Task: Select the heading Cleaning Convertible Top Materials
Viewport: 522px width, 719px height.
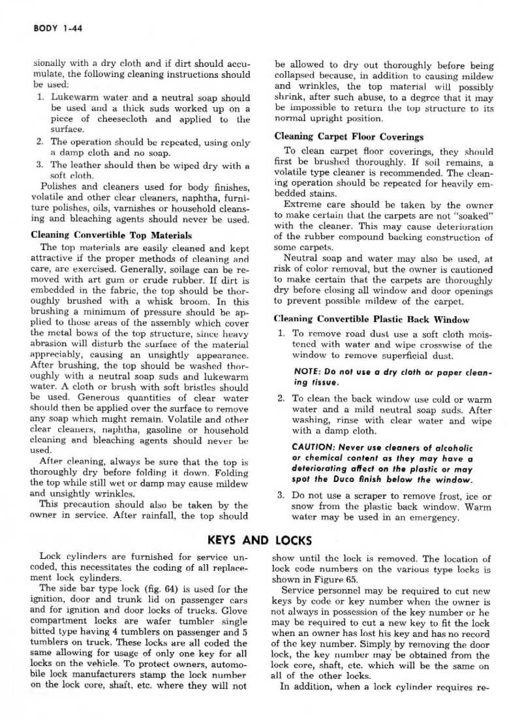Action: point(111,235)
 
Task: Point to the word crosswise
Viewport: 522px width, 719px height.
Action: point(435,345)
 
